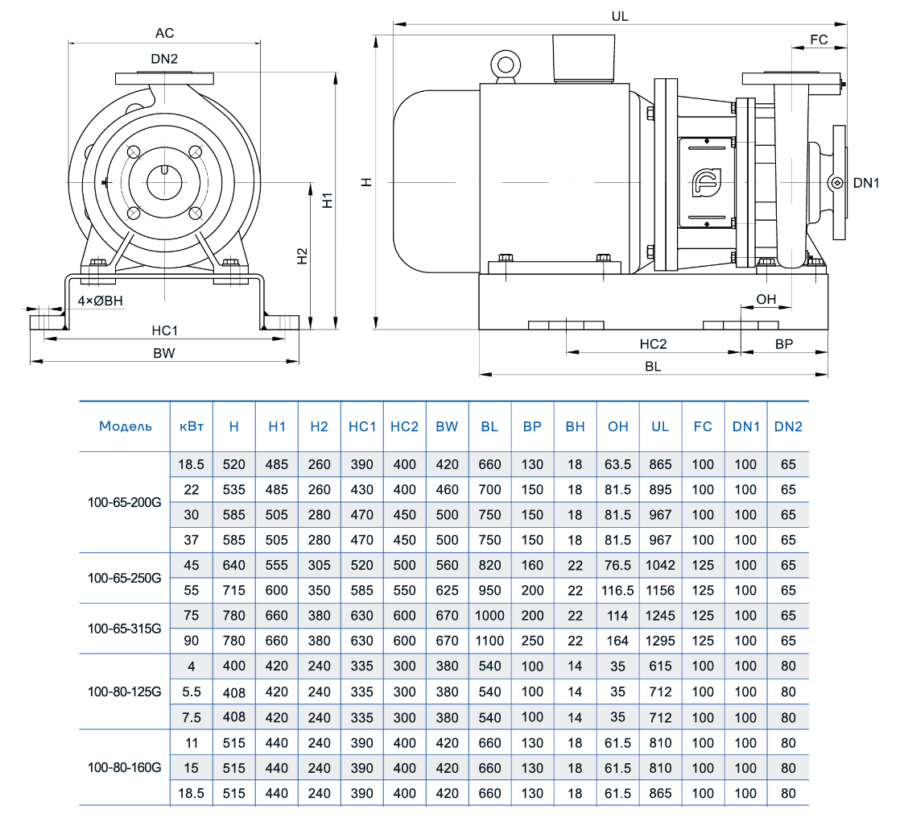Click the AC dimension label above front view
[164, 33]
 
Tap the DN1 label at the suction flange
[866, 183]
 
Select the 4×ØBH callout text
[100, 301]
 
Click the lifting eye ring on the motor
[506, 64]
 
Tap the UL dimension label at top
[620, 15]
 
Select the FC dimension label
[819, 39]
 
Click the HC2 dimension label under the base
[653, 344]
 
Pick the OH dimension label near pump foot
[766, 299]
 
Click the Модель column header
[125, 426]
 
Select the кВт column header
[192, 426]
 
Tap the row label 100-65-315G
[125, 628]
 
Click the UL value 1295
[660, 641]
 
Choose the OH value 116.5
[617, 591]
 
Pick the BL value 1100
[489, 641]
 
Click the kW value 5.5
[192, 691]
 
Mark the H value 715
[233, 591]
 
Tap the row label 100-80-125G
[125, 691]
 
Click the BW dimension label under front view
[164, 354]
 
